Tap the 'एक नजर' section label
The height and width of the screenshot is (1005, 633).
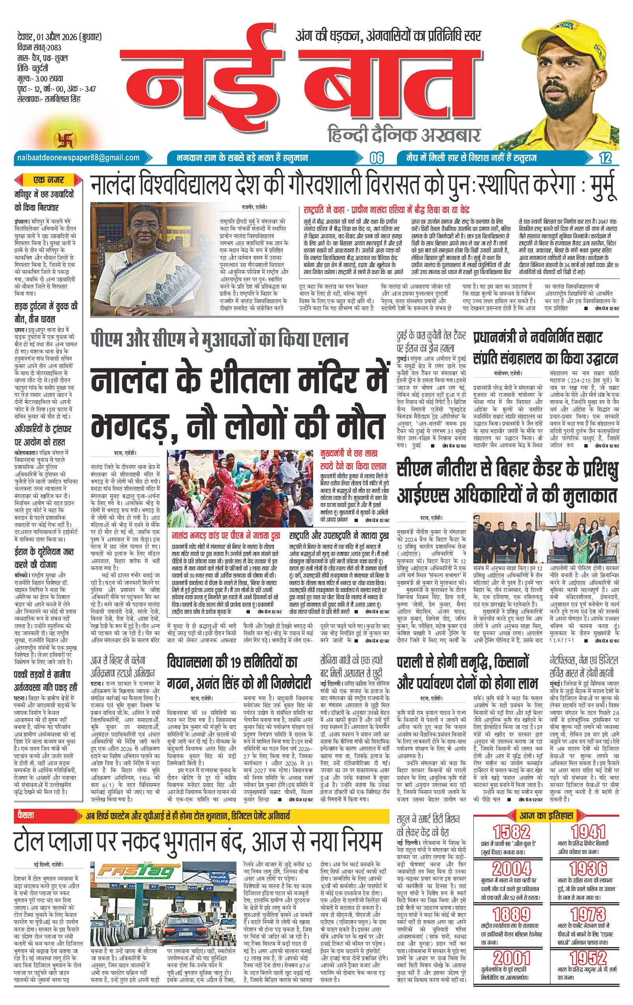coord(49,180)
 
